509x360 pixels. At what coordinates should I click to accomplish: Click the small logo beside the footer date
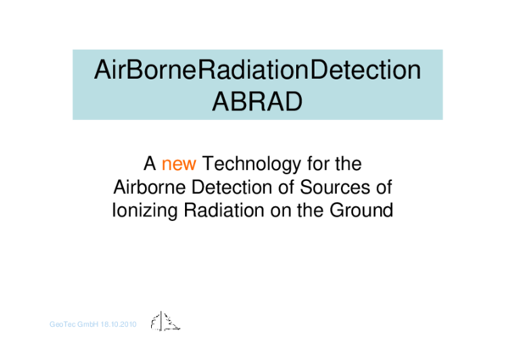(165, 322)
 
